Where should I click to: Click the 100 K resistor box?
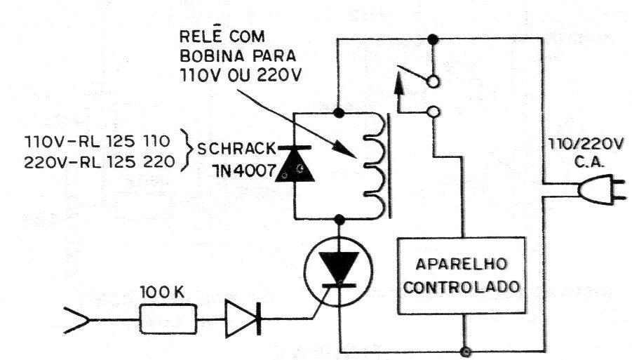[x=168, y=319]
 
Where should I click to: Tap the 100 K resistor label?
[x=161, y=292]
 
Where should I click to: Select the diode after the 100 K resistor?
[x=243, y=319]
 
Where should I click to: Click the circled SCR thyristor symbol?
[x=339, y=272]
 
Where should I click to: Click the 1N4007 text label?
[x=243, y=171]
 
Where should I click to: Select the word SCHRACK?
[x=236, y=149]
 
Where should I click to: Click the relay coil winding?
[x=375, y=166]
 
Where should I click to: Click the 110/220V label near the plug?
[x=586, y=144]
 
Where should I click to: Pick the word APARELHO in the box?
[x=461, y=264]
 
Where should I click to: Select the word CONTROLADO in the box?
[x=462, y=288]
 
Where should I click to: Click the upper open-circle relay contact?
[x=433, y=82]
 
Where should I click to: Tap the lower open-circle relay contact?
[x=433, y=112]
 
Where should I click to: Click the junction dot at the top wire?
[x=433, y=39]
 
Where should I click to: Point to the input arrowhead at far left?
[x=76, y=321]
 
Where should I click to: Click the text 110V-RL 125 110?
[x=98, y=142]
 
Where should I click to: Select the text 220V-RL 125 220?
[x=99, y=162]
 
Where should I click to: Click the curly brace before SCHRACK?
[x=185, y=150]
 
